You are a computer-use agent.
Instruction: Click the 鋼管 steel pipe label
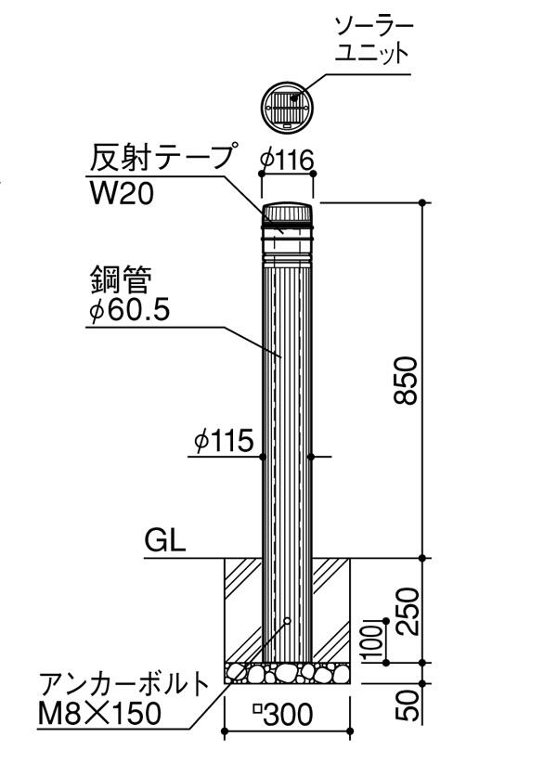tap(121, 276)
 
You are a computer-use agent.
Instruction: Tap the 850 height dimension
tap(406, 380)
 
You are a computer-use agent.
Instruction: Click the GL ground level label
tap(165, 541)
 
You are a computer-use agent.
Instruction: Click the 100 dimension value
tap(379, 638)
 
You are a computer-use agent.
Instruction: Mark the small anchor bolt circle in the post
tap(288, 620)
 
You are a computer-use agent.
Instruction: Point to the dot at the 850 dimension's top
tap(423, 201)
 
